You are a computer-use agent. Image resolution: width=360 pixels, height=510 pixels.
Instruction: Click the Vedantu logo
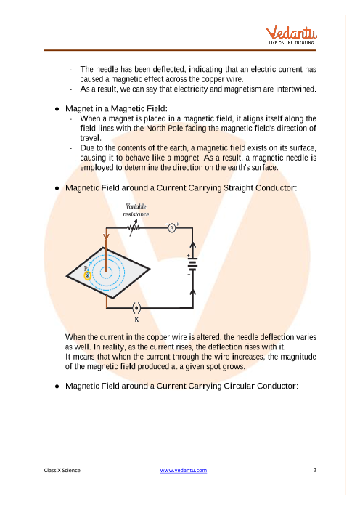292,34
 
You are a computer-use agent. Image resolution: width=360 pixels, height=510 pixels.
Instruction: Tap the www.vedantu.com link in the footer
183,470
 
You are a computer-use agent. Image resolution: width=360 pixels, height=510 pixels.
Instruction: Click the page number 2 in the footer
315,470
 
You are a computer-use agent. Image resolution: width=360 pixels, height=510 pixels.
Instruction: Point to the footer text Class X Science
62,470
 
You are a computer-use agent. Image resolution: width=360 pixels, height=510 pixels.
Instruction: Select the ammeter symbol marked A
172,228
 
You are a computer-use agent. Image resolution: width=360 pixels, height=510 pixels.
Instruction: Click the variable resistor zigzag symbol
134,228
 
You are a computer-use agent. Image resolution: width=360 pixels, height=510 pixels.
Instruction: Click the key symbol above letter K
136,308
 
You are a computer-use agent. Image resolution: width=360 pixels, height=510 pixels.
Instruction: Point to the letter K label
136,320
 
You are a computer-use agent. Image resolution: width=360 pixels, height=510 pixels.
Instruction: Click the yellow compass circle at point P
87,276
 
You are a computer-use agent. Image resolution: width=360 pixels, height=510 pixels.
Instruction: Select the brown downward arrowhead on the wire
106,235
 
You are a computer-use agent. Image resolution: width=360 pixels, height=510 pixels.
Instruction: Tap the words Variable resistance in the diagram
136,210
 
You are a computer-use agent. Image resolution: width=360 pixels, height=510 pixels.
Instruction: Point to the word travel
91,138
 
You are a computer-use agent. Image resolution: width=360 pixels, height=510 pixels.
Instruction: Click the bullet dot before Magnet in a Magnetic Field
57,109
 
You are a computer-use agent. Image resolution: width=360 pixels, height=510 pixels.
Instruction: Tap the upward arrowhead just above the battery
192,246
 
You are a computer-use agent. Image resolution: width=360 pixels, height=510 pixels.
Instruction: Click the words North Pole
164,128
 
